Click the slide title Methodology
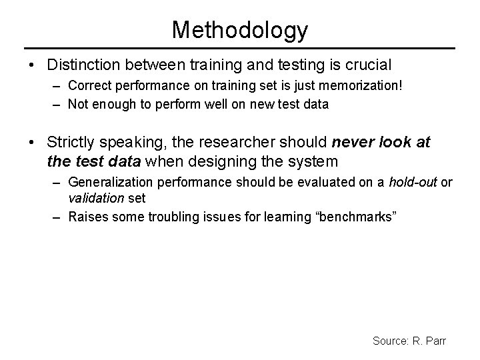240,29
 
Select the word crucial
369,65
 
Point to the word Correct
89,85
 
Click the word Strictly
73,142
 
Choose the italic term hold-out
414,181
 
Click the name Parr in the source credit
435,341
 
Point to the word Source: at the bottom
391,341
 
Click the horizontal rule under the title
240,48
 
